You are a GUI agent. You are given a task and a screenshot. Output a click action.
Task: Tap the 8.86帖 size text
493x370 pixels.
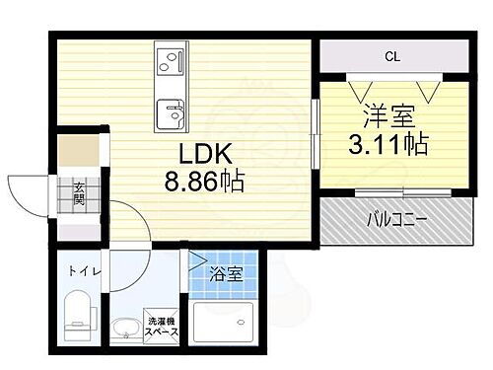tap(205, 183)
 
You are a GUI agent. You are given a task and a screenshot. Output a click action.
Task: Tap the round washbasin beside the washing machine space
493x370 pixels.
tap(126, 329)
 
